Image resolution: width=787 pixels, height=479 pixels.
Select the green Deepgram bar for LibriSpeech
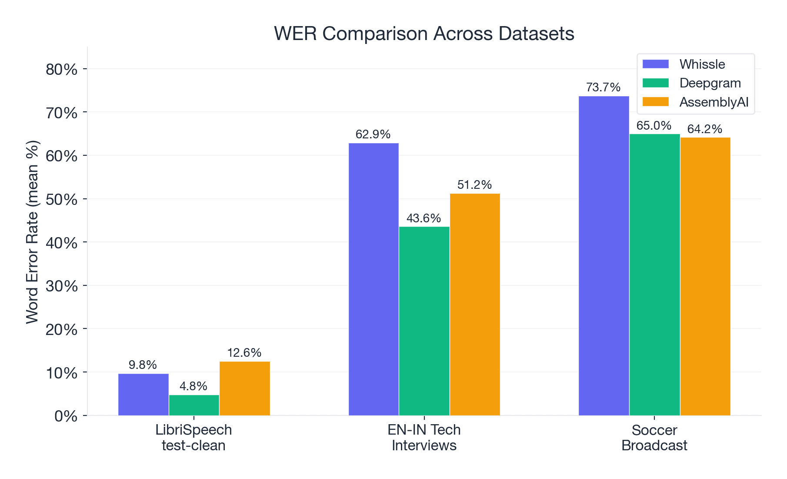click(x=194, y=405)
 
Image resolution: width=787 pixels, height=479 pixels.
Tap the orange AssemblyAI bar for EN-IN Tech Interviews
click(x=475, y=305)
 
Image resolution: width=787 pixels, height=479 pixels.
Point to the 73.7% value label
click(x=603, y=87)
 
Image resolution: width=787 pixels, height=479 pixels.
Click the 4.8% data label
click(x=193, y=386)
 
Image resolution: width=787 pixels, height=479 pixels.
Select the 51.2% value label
click(x=474, y=185)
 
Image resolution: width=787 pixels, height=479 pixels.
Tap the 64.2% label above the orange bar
click(x=704, y=129)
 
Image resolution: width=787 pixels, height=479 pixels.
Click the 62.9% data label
click(x=373, y=134)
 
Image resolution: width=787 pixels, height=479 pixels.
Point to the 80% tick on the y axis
click(x=61, y=69)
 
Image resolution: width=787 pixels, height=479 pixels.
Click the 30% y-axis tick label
click(x=61, y=286)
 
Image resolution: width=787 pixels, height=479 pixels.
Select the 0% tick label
click(x=66, y=416)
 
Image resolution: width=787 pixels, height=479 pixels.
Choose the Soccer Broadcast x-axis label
click(x=654, y=438)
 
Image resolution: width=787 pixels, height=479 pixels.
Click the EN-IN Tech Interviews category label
click(x=424, y=438)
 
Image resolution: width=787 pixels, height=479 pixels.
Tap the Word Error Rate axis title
click(x=33, y=231)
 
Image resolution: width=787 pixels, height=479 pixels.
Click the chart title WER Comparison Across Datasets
click(x=424, y=33)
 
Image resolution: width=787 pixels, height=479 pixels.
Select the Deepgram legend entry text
click(x=710, y=83)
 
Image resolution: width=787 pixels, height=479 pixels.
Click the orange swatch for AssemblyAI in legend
click(x=655, y=102)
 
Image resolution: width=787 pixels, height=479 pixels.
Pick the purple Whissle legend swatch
click(x=655, y=64)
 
